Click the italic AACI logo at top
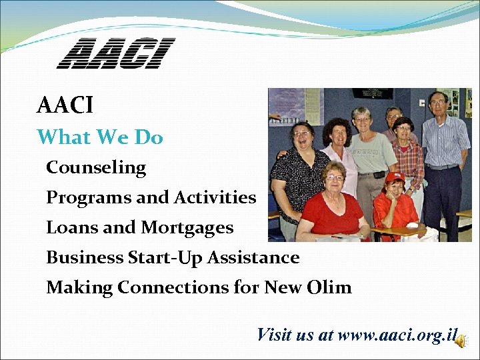(115, 54)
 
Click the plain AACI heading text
(65, 105)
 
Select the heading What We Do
(100, 137)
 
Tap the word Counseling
(96, 167)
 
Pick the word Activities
(215, 198)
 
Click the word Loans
(65, 228)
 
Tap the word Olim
(329, 288)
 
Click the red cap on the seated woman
(395, 177)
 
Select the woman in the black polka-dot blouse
(299, 170)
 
